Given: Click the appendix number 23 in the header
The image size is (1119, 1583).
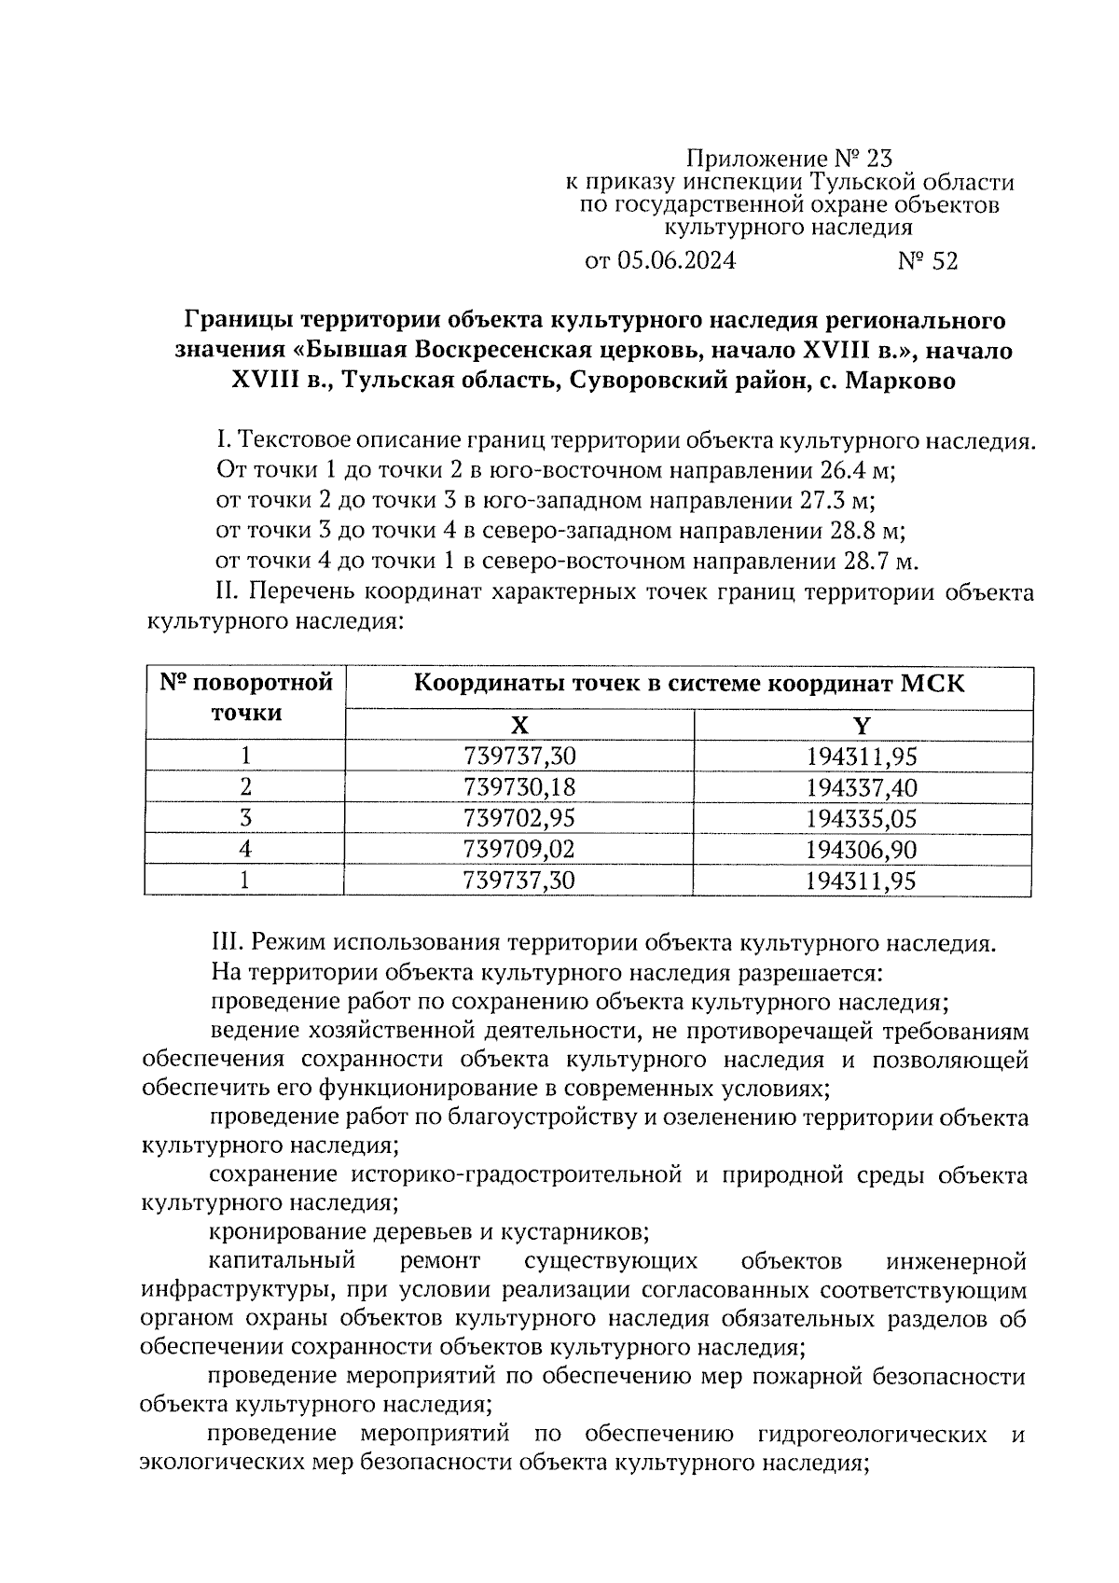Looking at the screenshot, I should [878, 158].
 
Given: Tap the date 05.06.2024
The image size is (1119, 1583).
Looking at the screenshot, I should [675, 261].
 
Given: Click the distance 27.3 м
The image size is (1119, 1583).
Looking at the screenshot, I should [837, 500].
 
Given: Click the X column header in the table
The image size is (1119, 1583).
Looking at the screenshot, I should [519, 726].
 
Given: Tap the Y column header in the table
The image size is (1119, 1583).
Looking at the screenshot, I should [863, 726].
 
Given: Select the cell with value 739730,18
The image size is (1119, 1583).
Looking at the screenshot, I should [519, 787].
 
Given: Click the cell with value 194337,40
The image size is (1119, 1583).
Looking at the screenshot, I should [863, 787].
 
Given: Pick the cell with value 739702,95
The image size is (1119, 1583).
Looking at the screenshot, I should [519, 818].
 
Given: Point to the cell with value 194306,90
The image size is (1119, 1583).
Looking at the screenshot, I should [863, 849].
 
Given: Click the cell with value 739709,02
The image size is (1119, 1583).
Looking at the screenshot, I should [519, 849].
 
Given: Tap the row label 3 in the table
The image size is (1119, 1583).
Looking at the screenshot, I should [245, 818].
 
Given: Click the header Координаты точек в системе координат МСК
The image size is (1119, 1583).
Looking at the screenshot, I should [689, 684].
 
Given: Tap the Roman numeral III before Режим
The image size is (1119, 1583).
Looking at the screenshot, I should [227, 942].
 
